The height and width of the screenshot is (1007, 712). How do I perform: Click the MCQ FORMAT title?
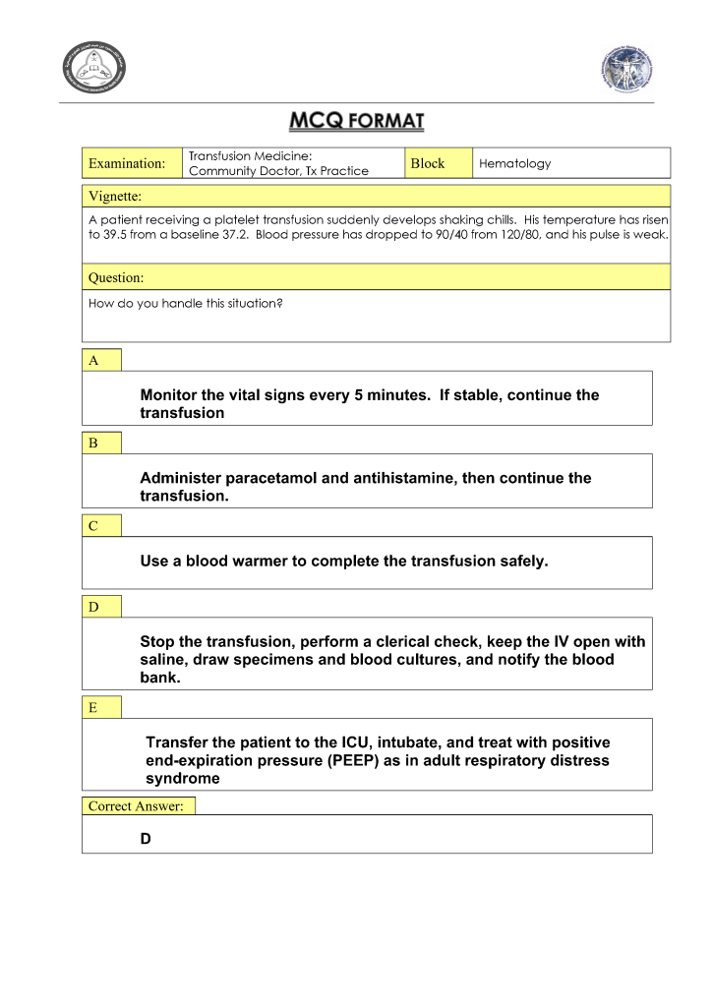click(356, 122)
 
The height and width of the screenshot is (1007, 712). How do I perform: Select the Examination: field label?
click(127, 163)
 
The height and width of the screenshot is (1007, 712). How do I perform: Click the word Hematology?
click(514, 163)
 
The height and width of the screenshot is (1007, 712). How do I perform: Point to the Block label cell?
click(428, 163)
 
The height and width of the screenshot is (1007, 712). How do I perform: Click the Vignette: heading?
click(115, 196)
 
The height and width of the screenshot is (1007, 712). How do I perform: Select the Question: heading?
click(116, 277)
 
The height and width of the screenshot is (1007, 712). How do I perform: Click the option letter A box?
click(101, 360)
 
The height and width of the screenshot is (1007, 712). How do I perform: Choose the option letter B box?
click(101, 443)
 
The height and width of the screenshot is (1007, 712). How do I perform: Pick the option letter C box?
click(101, 525)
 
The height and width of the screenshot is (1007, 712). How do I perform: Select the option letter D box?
click(101, 606)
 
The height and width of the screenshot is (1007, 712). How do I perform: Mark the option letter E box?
click(101, 706)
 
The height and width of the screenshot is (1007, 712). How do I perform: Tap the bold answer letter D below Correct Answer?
click(147, 839)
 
